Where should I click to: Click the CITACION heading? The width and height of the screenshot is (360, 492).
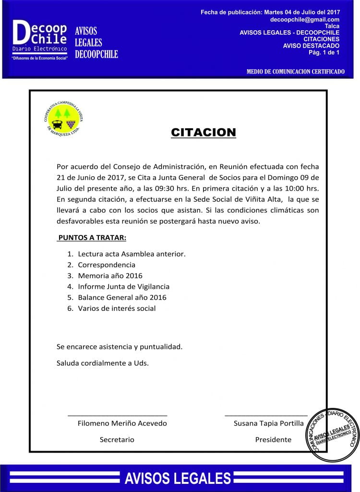click(204, 133)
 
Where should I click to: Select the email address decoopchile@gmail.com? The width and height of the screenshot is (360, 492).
click(305, 19)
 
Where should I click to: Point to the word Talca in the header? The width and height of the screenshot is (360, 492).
click(332, 26)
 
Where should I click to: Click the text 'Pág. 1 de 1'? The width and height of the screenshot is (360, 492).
click(324, 52)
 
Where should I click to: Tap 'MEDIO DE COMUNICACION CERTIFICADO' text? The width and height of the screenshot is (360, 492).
click(295, 72)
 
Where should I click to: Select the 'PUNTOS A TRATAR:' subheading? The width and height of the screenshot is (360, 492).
click(92, 238)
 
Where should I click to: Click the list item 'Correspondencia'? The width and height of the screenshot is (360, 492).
click(107, 265)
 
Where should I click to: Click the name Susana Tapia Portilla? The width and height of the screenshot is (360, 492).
click(268, 423)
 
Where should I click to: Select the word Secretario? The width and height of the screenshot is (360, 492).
click(117, 440)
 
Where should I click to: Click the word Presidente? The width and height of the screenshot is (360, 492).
click(273, 440)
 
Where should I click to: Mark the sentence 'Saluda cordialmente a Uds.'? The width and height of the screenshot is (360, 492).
click(103, 363)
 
